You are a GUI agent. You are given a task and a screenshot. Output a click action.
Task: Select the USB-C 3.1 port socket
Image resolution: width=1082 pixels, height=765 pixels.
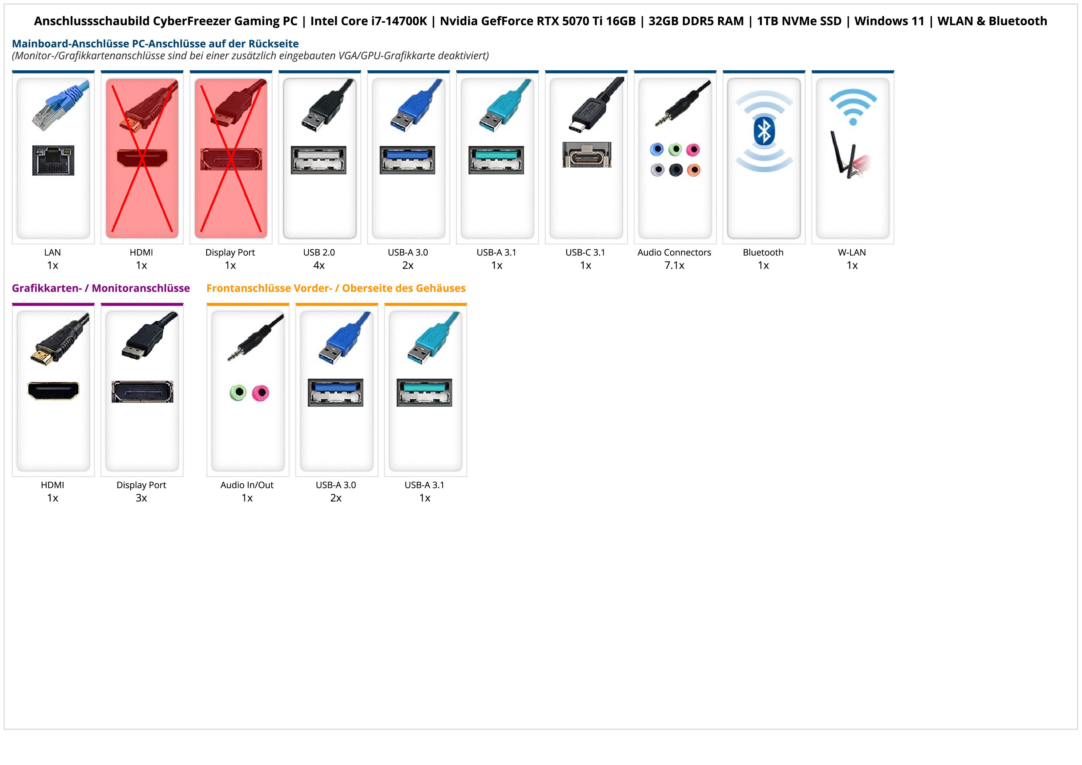pyautogui.click(x=586, y=155)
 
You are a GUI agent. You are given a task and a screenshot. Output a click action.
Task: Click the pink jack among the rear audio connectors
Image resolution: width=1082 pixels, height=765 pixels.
pyautogui.click(x=693, y=150)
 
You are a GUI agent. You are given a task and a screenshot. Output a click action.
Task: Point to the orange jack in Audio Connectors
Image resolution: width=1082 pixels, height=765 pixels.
pyautogui.click(x=693, y=170)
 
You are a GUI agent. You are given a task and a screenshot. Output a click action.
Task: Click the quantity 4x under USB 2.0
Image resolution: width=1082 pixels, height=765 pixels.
pyautogui.click(x=319, y=265)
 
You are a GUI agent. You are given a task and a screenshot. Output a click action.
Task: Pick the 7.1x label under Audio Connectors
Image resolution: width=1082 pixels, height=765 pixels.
pyautogui.click(x=674, y=265)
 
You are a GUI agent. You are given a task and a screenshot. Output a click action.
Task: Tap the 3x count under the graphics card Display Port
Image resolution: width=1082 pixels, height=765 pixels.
pyautogui.click(x=141, y=498)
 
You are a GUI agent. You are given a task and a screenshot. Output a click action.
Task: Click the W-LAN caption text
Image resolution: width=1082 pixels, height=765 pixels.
pyautogui.click(x=852, y=252)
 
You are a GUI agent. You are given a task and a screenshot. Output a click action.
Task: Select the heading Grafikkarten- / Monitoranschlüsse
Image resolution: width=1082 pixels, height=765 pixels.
pyautogui.click(x=101, y=288)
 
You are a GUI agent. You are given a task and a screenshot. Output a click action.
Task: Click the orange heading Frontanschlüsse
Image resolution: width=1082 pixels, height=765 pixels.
pyautogui.click(x=336, y=288)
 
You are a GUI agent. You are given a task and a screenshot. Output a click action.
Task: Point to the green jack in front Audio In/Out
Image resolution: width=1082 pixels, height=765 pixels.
pyautogui.click(x=238, y=392)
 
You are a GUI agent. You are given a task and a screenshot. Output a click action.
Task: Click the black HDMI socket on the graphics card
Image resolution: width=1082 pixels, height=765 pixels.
pyautogui.click(x=53, y=390)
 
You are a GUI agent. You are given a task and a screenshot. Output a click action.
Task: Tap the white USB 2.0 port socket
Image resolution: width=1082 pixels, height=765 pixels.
pyautogui.click(x=319, y=160)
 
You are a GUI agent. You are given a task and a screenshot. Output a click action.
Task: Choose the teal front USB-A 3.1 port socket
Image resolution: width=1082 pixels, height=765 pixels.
pyautogui.click(x=424, y=392)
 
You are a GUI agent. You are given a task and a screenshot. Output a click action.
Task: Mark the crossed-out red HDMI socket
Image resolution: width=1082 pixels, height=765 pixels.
pyautogui.click(x=142, y=158)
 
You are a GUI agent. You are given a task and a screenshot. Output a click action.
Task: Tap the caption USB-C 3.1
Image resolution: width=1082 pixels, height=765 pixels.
pyautogui.click(x=585, y=252)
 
